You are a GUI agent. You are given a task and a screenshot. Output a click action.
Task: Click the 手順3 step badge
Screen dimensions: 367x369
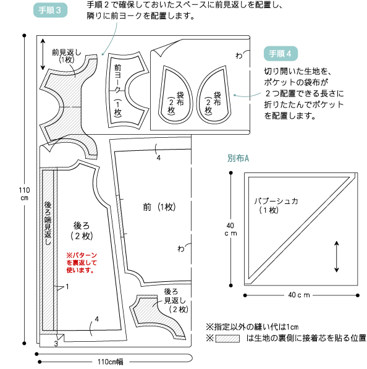click(50, 10)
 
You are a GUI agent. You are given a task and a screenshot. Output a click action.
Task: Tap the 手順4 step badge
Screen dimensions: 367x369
click(281, 54)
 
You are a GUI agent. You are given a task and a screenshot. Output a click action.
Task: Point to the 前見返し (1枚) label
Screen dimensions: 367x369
click(67, 56)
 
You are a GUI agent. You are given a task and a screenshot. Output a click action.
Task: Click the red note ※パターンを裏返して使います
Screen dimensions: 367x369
click(82, 263)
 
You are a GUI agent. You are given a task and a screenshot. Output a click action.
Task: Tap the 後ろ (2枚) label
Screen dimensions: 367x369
click(82, 231)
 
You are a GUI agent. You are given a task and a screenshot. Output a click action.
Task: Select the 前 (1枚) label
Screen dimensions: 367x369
click(159, 207)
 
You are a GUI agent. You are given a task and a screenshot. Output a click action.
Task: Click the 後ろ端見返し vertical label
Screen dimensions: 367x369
click(48, 223)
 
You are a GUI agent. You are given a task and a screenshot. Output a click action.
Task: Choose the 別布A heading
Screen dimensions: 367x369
click(238, 158)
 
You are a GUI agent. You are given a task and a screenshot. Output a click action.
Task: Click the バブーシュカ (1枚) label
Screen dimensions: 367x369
click(276, 205)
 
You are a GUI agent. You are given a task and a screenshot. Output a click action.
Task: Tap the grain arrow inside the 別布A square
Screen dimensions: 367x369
click(337, 257)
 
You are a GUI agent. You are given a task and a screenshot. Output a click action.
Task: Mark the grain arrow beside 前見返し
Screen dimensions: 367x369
click(43, 54)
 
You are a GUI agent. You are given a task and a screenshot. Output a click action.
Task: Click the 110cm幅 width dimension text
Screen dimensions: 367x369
click(111, 362)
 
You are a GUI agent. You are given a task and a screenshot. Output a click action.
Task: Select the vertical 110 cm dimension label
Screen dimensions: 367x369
click(24, 193)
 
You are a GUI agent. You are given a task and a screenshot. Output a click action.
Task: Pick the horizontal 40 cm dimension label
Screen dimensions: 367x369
click(299, 295)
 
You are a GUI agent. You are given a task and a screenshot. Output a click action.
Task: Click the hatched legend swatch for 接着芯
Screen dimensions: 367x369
click(227, 339)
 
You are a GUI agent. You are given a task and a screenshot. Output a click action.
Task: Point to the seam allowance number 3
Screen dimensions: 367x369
click(56, 344)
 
